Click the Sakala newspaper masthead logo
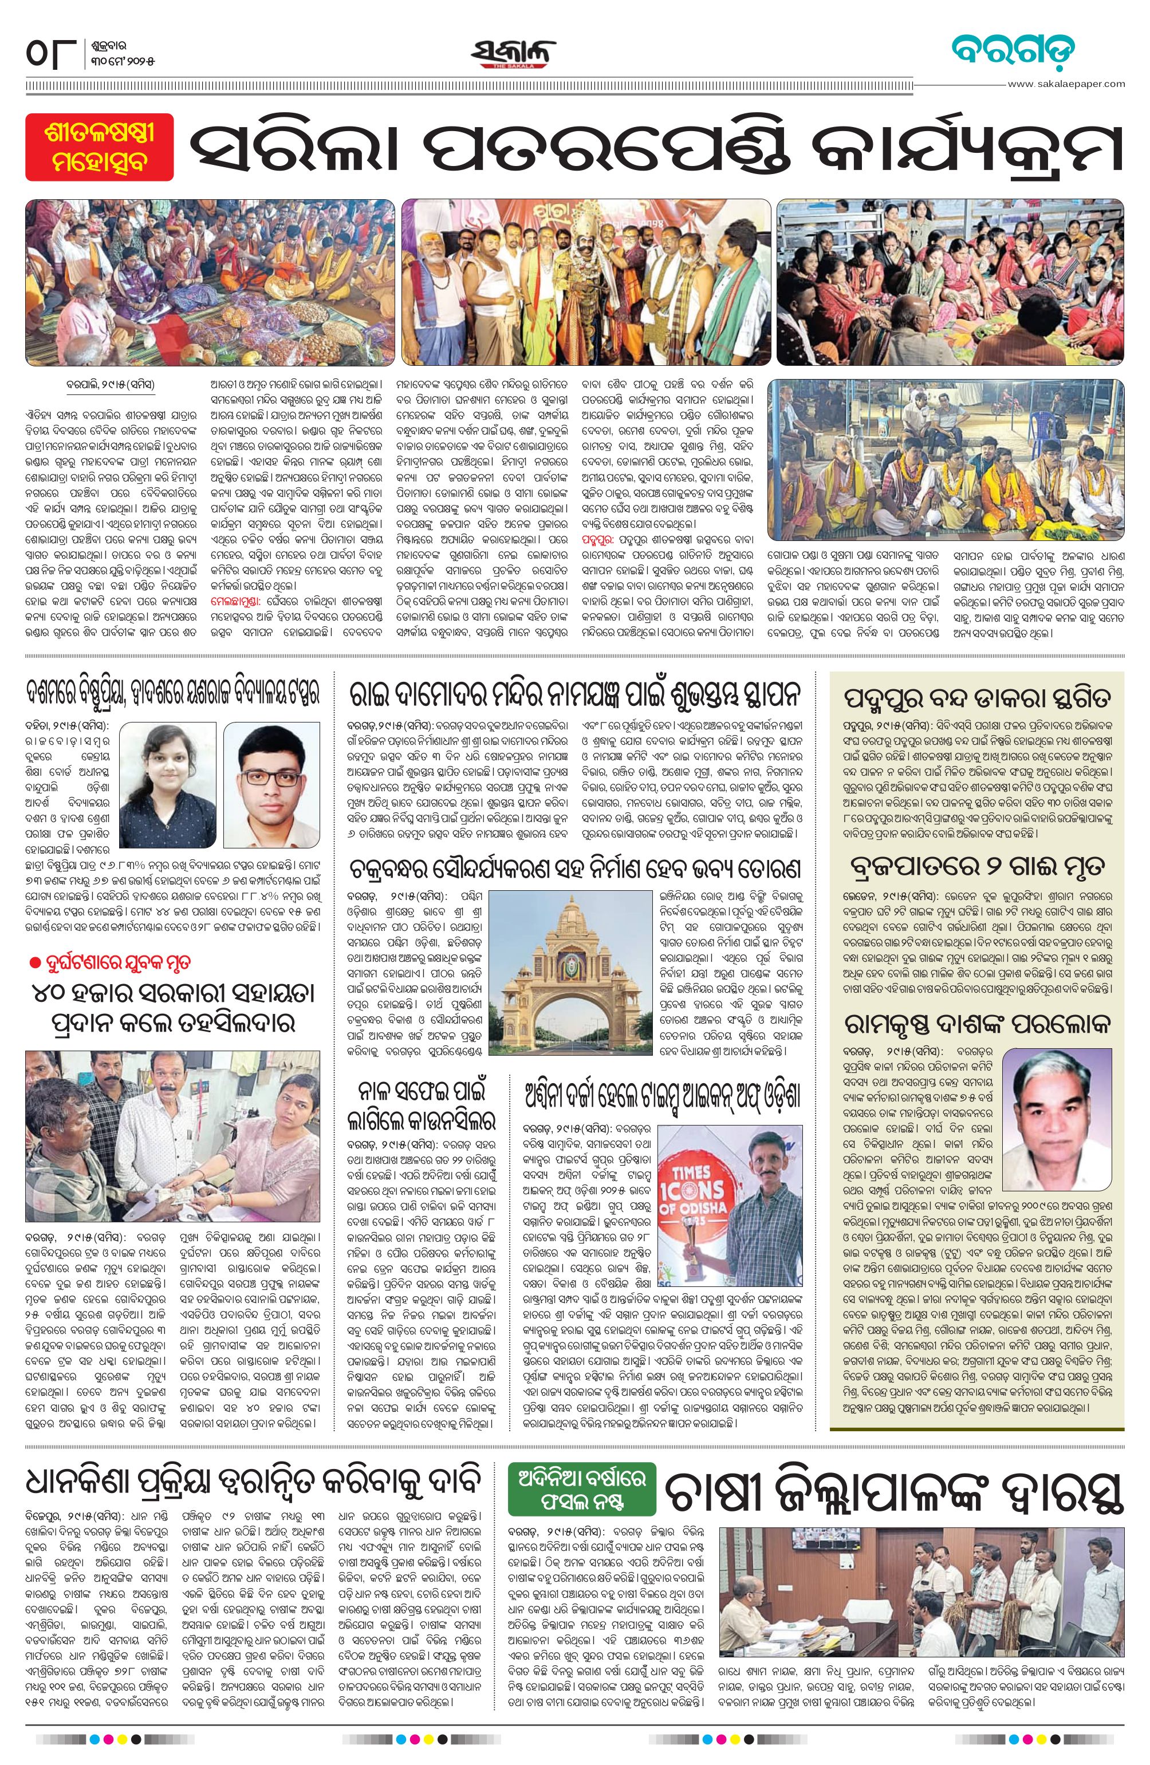click(513, 53)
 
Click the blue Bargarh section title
click(1013, 50)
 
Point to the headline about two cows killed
click(976, 866)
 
